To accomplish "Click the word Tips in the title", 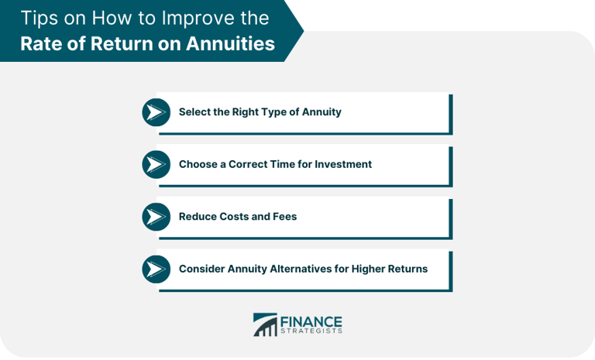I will click(x=38, y=17).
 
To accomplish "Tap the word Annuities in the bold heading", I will click(x=232, y=43).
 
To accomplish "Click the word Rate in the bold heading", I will click(x=41, y=43).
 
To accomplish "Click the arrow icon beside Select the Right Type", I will click(x=156, y=112).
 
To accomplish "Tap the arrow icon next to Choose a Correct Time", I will click(x=156, y=164).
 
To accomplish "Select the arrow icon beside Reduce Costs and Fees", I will click(x=156, y=217).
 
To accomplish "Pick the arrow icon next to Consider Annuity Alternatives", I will click(x=156, y=269).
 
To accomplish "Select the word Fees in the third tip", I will click(x=284, y=217).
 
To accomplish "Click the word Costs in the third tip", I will click(x=232, y=217).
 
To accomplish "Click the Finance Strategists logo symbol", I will click(x=264, y=325).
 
